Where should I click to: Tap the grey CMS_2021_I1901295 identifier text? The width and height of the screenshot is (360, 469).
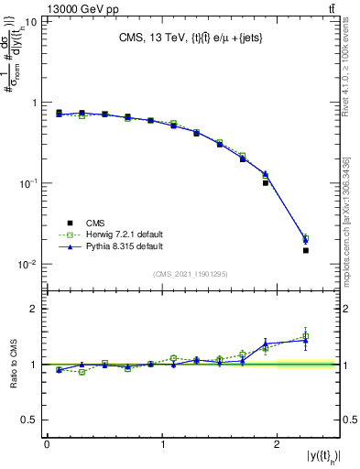click(x=192, y=274)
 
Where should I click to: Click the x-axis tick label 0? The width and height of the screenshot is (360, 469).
click(x=47, y=444)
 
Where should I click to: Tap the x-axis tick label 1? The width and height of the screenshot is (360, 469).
click(x=162, y=444)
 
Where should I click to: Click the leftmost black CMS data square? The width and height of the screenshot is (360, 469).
click(x=59, y=113)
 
